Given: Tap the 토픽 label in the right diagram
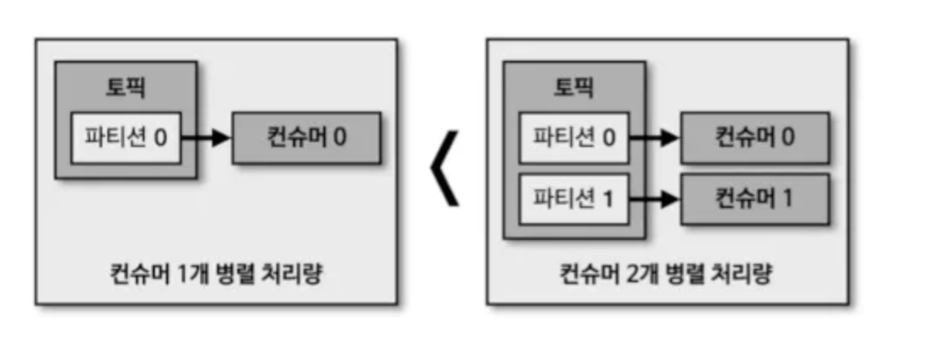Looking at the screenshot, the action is [x=574, y=86].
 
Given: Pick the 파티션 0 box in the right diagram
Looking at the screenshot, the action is [x=574, y=137].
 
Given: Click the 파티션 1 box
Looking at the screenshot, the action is [x=574, y=199].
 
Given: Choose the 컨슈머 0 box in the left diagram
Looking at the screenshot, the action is [x=306, y=137].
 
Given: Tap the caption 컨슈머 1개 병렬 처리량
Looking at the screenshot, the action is [x=216, y=275].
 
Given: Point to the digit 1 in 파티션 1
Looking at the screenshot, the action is [x=609, y=199].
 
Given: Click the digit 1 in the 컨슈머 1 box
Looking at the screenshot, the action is [x=788, y=199].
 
